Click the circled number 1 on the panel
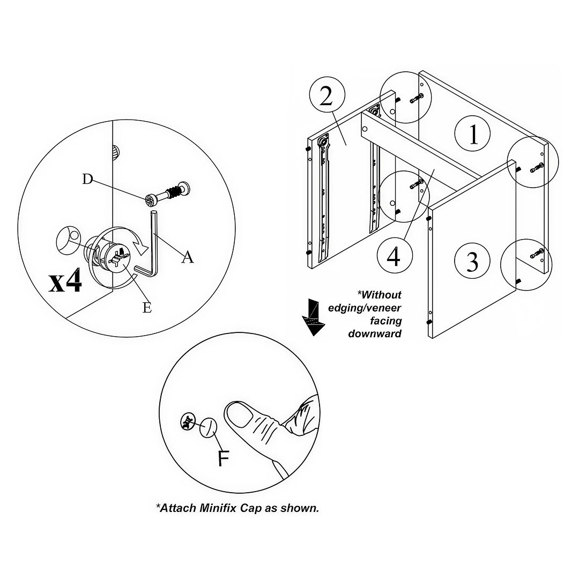473,135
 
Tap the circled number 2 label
326,98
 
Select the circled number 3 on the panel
472,262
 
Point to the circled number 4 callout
394,257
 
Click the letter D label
87,179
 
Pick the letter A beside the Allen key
187,258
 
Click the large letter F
224,458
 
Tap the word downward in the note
375,333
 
